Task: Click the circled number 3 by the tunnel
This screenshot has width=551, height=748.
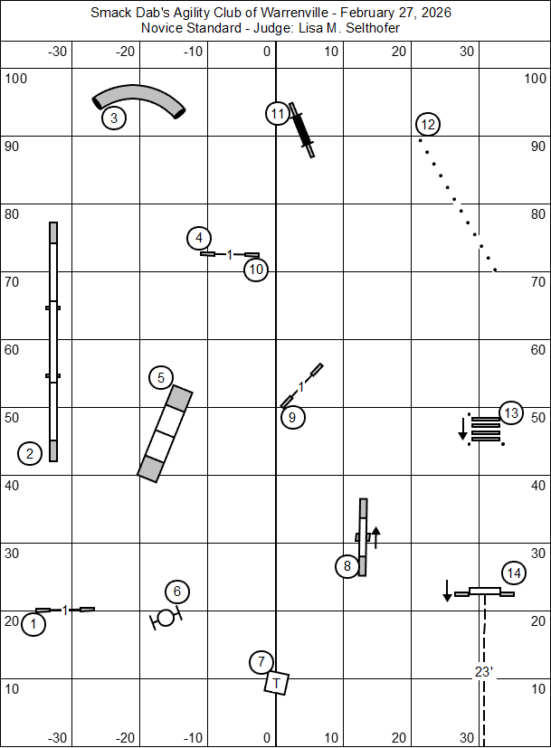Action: point(113,118)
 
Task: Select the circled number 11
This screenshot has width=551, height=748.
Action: point(278,114)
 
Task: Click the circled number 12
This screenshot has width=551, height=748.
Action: point(428,124)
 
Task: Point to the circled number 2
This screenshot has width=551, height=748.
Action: point(30,454)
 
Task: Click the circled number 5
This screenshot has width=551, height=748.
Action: point(160,378)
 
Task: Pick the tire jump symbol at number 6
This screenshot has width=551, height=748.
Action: point(166,618)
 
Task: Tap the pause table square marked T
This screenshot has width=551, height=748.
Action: point(277,682)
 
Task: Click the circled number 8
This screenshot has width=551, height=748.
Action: point(347,567)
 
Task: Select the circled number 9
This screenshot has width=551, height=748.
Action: point(291,417)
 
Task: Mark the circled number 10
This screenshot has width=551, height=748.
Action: point(256,269)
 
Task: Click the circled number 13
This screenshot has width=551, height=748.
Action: point(511,413)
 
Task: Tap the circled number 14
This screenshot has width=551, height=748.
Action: point(514,573)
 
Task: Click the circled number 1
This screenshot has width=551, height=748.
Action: point(33,624)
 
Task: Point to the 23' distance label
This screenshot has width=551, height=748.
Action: point(483,671)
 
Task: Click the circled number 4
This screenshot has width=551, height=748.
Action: point(199,239)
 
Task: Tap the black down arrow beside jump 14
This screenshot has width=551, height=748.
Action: point(447,591)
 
